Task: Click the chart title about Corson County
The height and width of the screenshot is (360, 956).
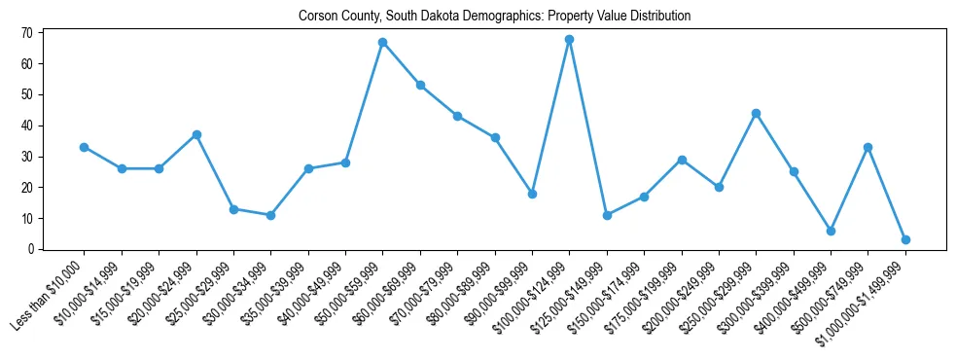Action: (494, 16)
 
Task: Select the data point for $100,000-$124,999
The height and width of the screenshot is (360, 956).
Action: (569, 40)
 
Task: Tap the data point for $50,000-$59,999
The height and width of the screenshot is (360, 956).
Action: (383, 43)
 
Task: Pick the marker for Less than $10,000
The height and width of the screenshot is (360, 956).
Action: (85, 147)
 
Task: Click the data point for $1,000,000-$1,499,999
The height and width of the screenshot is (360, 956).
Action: (905, 239)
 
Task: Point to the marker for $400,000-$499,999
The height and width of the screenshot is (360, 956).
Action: (831, 231)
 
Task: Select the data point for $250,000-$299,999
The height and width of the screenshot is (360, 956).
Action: (756, 113)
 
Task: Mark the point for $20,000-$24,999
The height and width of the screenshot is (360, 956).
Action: (196, 134)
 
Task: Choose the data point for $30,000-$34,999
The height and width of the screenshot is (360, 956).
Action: (270, 215)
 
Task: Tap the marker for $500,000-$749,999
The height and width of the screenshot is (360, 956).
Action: (867, 147)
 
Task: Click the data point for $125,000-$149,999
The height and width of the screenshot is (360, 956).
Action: (607, 215)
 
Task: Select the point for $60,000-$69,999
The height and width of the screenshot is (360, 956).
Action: (420, 86)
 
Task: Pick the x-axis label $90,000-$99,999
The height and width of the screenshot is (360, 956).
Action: (494, 295)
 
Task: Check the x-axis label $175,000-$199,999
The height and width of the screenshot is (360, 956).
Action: (642, 296)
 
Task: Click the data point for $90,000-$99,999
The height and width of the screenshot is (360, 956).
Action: (532, 194)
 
